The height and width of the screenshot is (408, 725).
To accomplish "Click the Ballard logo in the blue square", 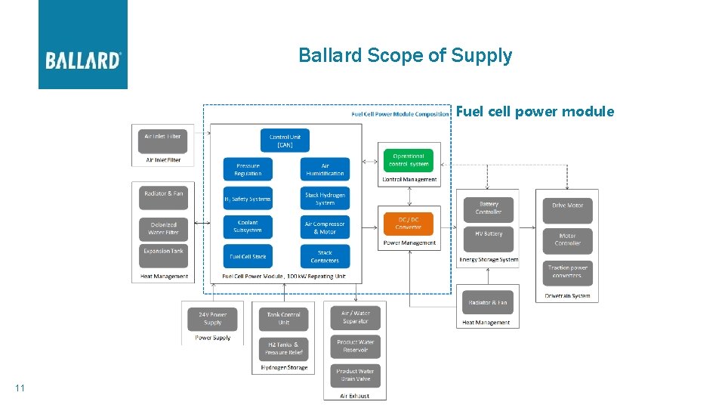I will click(83, 60).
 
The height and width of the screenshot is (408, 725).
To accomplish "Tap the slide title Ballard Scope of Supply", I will click(405, 56).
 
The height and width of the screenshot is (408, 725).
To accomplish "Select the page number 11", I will click(20, 388).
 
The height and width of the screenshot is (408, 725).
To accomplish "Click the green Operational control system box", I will click(409, 160).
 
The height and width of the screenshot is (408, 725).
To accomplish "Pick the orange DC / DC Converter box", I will click(409, 223).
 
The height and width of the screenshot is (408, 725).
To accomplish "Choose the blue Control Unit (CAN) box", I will click(285, 141).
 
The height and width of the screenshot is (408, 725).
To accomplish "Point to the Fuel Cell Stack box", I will click(248, 256).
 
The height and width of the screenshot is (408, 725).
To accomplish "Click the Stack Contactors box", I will click(325, 256).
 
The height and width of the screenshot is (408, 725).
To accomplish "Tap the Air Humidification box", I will click(325, 169).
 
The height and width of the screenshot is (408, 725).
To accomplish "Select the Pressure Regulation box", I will click(248, 169).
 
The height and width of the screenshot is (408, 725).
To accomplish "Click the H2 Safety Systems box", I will click(248, 199).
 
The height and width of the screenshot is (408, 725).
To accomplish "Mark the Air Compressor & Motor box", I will click(325, 227).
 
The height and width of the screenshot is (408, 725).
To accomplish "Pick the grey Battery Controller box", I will click(489, 209).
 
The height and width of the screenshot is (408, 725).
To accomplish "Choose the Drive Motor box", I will click(567, 206).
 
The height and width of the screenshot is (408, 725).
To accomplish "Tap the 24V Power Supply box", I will click(212, 318).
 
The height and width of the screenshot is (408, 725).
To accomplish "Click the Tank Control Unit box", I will click(284, 318).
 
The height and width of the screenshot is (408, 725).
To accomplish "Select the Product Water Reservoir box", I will click(355, 346).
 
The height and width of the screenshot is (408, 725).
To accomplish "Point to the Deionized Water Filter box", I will click(163, 228).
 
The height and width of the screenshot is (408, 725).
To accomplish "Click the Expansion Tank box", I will click(163, 253).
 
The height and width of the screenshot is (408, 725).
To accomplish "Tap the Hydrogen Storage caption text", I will click(284, 368).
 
